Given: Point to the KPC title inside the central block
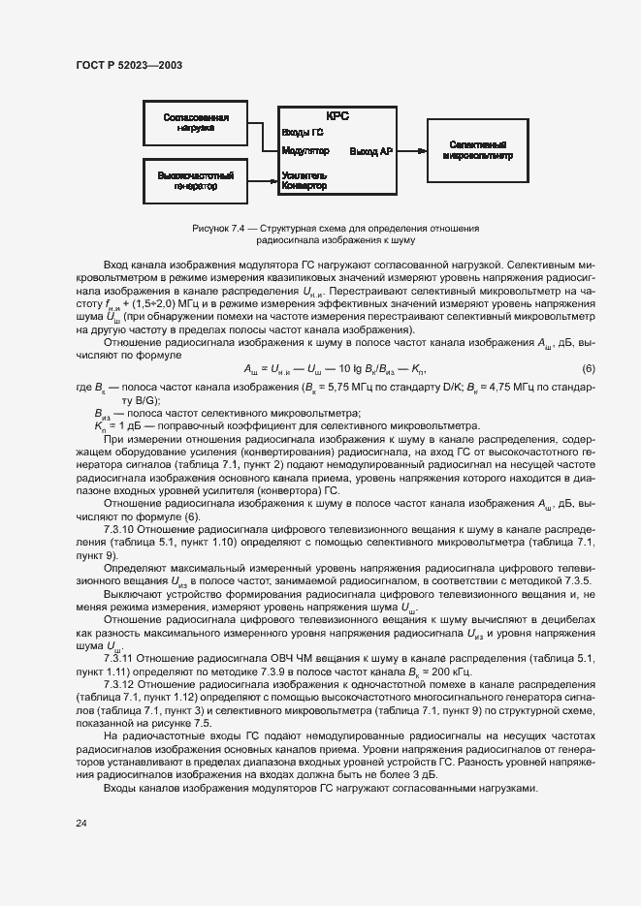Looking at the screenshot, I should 337,115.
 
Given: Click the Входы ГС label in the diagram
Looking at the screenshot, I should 303,132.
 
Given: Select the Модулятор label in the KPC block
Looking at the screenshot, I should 305,151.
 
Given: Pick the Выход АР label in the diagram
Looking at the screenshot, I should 371,151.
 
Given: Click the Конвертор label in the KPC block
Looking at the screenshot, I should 304,185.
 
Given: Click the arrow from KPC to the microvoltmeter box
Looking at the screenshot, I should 411,150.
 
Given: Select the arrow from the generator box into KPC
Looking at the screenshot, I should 262,180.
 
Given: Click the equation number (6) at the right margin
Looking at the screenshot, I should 588,369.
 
